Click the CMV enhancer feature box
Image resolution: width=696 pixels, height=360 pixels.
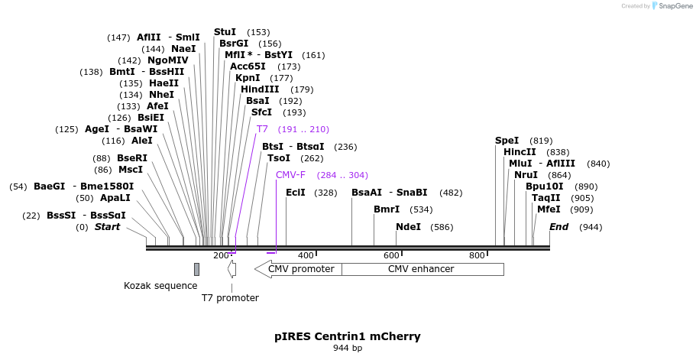tap(422, 269)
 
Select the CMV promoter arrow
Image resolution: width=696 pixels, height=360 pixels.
tap(299, 269)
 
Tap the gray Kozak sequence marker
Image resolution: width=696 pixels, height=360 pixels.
tap(196, 269)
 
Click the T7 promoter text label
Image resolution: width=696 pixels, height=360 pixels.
tap(230, 298)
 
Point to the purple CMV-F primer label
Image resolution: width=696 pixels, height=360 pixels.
tap(290, 175)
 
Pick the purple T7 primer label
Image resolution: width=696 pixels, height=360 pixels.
tap(262, 129)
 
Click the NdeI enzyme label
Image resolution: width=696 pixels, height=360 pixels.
tap(408, 227)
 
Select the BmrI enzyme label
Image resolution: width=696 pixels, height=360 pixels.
tap(387, 209)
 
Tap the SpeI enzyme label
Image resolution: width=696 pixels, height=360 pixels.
tap(507, 141)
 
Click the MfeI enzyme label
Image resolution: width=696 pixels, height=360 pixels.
tap(549, 209)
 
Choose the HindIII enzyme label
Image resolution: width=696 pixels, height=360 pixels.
tap(260, 89)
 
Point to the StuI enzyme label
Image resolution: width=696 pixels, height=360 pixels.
tap(225, 32)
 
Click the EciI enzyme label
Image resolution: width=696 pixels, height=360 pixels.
tap(295, 193)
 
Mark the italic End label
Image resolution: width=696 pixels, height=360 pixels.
tap(558, 227)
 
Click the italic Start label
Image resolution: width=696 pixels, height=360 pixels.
tap(107, 227)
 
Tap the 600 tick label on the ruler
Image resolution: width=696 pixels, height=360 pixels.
tap(391, 255)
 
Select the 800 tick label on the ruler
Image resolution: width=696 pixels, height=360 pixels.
tap(477, 255)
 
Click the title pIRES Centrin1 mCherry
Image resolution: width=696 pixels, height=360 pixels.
tap(348, 336)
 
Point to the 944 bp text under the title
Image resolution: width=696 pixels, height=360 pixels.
tap(348, 349)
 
